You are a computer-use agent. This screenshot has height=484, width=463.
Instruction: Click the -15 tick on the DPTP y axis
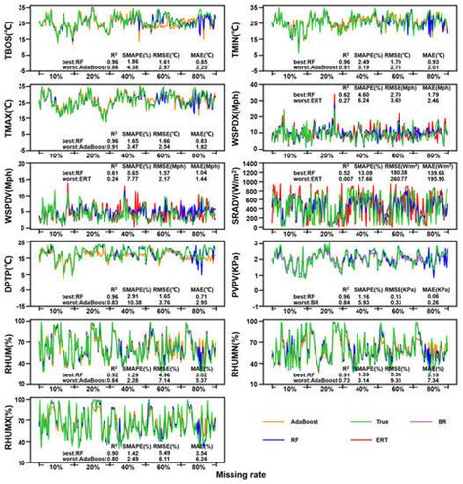click(x=26, y=302)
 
